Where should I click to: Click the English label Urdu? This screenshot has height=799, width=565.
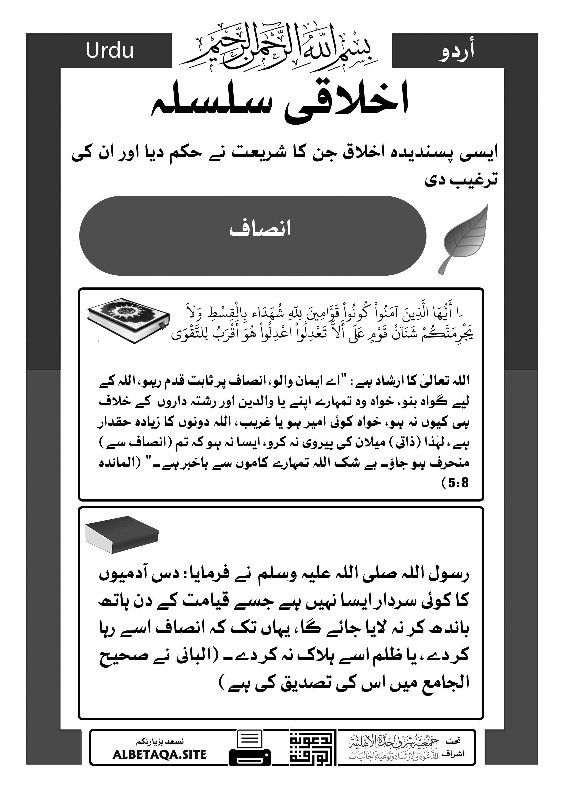[110, 51]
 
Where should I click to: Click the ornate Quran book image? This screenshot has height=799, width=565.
[128, 320]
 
